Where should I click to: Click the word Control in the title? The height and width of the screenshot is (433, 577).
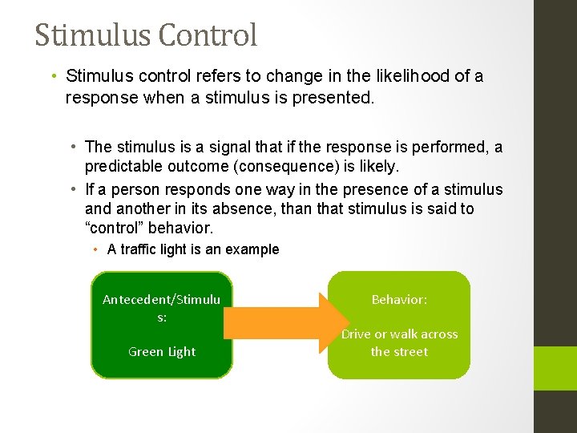click(x=208, y=35)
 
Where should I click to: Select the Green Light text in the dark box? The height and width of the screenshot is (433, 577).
click(x=162, y=351)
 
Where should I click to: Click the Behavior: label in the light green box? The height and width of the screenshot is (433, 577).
click(x=399, y=299)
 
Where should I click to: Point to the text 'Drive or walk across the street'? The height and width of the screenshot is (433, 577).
click(x=399, y=342)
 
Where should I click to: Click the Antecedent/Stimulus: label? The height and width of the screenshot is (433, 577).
click(x=162, y=308)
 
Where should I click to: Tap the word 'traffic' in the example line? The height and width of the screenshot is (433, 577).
click(x=137, y=249)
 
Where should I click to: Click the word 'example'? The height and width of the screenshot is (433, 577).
click(x=252, y=249)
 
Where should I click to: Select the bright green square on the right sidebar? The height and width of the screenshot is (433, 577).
click(x=555, y=366)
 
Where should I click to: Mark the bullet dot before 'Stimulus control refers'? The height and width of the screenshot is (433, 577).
click(x=51, y=76)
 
